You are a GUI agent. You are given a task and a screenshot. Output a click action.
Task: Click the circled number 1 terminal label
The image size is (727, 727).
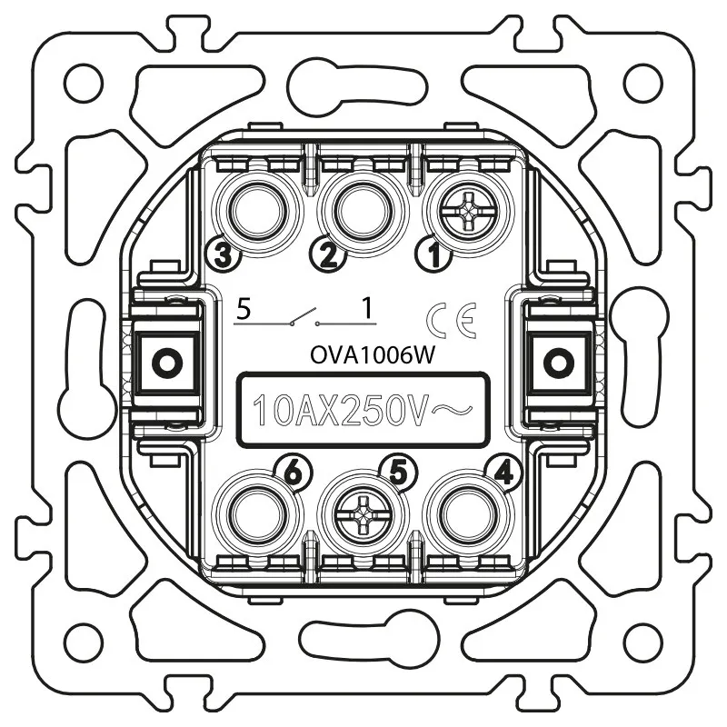pos(434,254)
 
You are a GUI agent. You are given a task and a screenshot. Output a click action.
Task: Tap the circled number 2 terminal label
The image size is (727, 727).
pos(328,254)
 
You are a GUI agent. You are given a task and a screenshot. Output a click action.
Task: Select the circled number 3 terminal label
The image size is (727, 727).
pos(224,254)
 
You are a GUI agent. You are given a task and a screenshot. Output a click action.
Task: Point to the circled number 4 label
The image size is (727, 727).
pos(504,473)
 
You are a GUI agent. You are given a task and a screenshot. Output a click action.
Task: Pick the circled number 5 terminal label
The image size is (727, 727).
pos(398,473)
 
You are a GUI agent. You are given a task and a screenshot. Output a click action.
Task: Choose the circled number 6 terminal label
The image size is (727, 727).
pos(294,473)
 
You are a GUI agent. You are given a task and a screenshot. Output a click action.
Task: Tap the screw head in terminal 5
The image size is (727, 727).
pos(363,515)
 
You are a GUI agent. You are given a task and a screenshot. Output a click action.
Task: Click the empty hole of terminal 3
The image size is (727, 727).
pos(258,212)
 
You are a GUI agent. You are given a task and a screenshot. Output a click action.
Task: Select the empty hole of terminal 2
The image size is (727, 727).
pos(363,212)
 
